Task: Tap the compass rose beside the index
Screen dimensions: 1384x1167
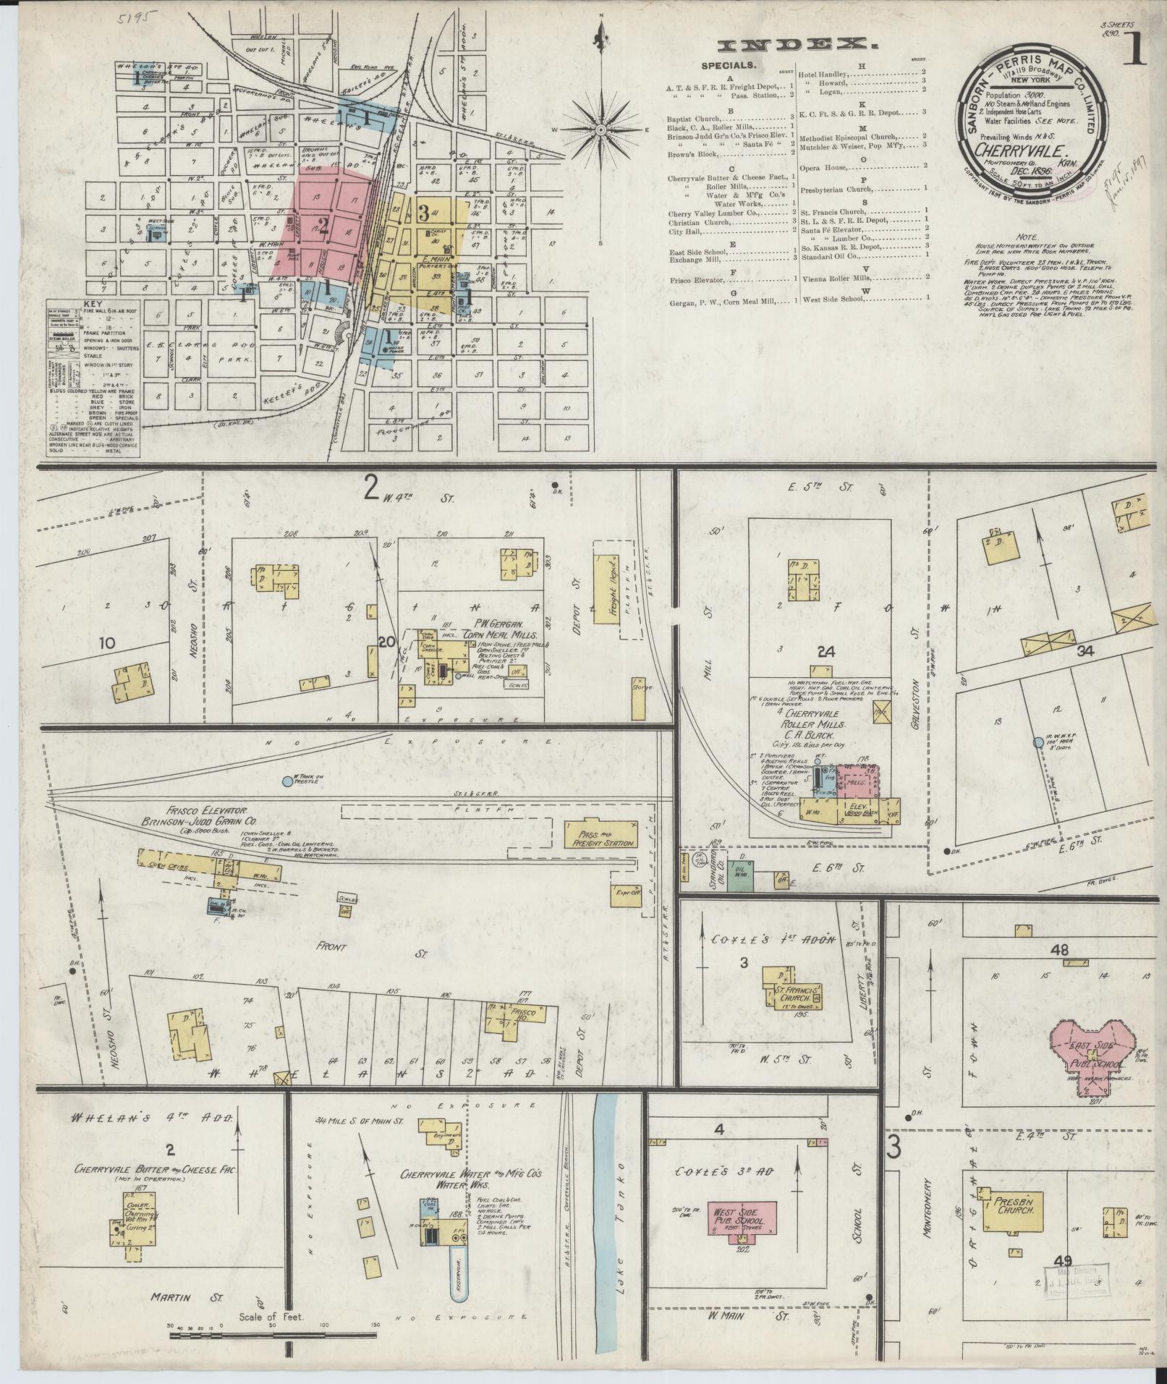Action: (601, 130)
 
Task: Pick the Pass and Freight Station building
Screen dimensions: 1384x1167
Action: (601, 834)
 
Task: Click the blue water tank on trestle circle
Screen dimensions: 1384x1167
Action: (287, 781)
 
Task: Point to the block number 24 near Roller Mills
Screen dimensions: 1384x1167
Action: (826, 651)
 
